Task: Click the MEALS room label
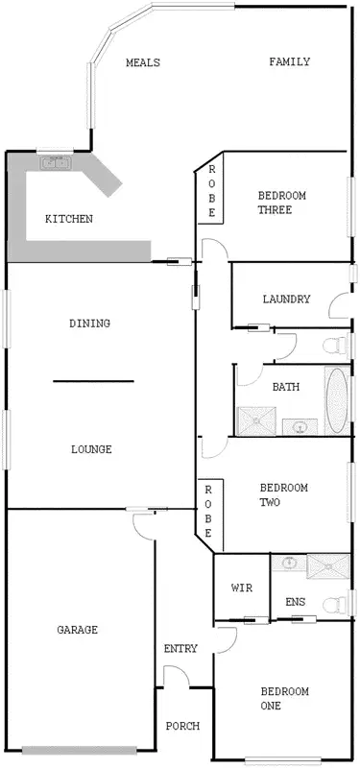(x=143, y=63)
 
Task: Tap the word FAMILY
(x=289, y=62)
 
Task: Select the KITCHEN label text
(x=69, y=220)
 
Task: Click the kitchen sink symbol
(x=56, y=163)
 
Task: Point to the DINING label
(x=89, y=324)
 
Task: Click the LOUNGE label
(x=91, y=449)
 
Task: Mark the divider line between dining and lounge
(x=93, y=381)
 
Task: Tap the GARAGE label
(x=77, y=631)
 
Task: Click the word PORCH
(x=182, y=727)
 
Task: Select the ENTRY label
(x=180, y=649)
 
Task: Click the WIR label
(x=242, y=588)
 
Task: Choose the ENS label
(x=295, y=603)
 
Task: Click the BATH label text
(x=285, y=388)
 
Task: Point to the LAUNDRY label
(x=286, y=300)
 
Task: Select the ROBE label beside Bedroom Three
(x=211, y=192)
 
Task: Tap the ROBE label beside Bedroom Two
(x=207, y=511)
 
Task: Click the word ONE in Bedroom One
(x=271, y=707)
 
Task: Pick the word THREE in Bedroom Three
(x=281, y=210)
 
